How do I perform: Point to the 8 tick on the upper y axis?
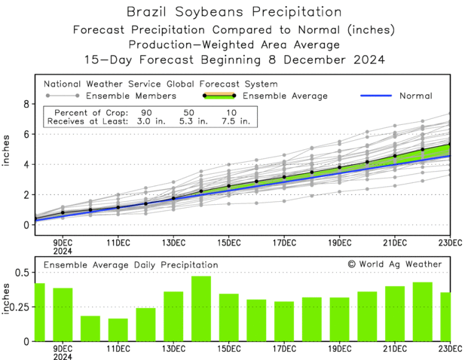click(26, 104)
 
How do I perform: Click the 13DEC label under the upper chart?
click(173, 243)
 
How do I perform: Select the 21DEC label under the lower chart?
click(395, 349)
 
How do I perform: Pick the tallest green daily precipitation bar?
click(200, 309)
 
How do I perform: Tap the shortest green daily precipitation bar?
click(118, 330)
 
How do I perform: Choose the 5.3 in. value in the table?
click(189, 119)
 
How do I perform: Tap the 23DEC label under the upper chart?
click(451, 243)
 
